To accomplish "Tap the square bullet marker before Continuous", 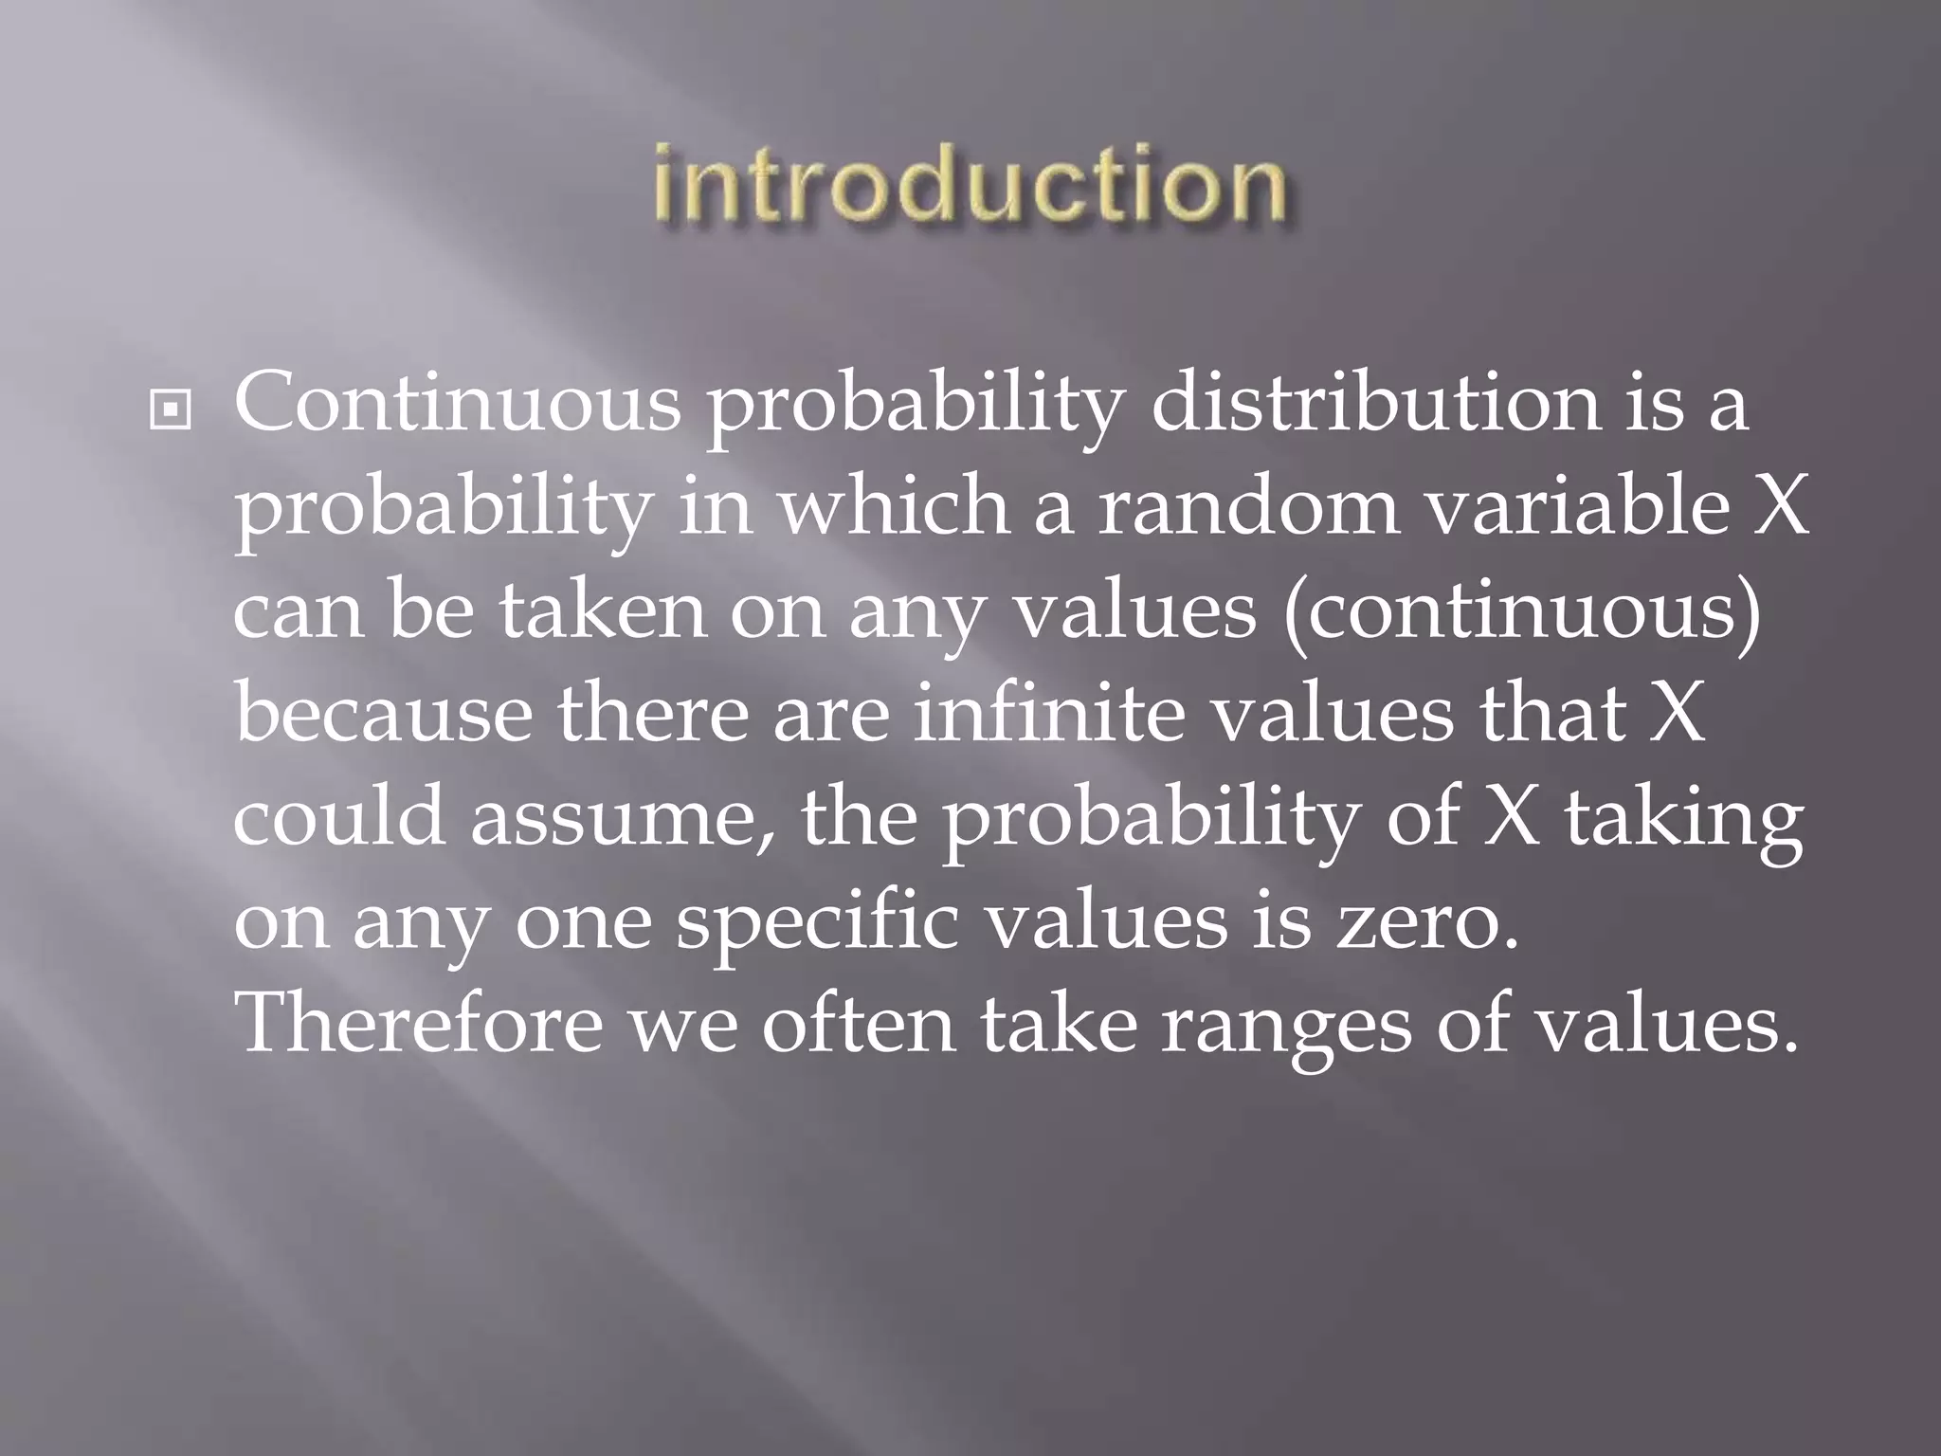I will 172,410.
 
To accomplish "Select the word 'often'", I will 859,1026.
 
